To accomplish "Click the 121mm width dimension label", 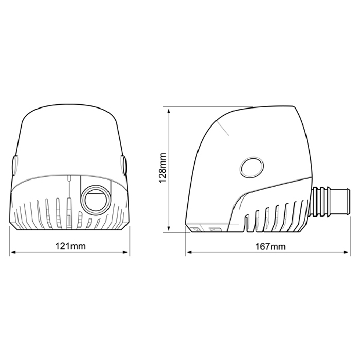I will tap(69, 246).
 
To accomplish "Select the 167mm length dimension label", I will tap(270, 246).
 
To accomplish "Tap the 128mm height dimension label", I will tap(163, 168).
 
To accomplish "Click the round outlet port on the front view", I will tap(96, 199).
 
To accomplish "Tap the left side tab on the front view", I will tap(14, 165).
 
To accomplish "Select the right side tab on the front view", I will tap(124, 165).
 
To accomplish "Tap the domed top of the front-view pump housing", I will tap(69, 118).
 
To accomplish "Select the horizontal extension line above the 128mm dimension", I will tap(206, 107).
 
